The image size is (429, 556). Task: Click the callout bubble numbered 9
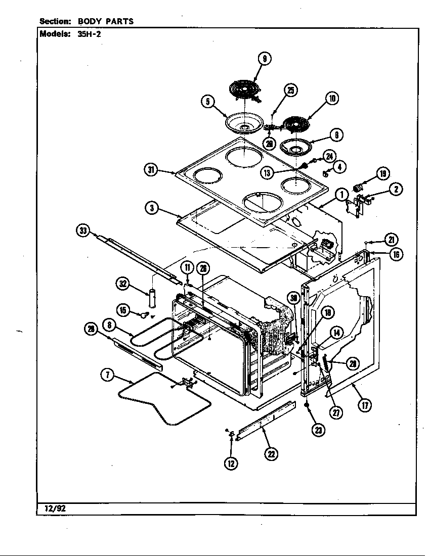point(264,59)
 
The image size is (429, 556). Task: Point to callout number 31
point(150,170)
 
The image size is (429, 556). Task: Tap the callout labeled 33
point(82,231)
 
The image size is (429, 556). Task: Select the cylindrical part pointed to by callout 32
point(153,299)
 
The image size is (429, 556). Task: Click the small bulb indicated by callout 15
point(146,315)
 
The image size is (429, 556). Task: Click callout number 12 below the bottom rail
point(231,462)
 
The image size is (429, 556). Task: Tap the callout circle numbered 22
point(272,454)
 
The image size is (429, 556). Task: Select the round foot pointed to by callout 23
point(307,405)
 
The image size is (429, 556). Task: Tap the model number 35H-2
point(81,35)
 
